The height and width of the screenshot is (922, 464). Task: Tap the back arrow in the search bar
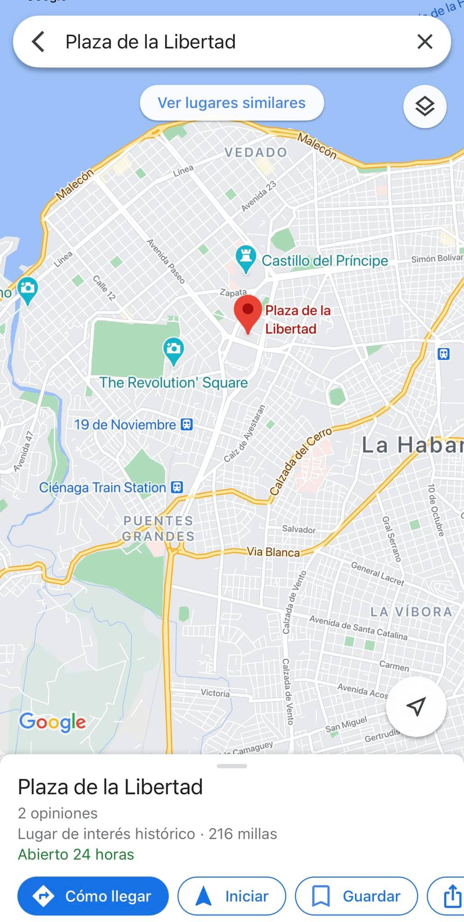38,42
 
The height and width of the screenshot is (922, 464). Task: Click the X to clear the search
425,42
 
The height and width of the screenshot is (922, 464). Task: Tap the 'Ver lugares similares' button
232,103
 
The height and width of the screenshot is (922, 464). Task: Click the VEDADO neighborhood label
256,153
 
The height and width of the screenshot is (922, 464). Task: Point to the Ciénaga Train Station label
103,487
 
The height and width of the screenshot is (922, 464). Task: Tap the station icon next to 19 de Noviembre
186,425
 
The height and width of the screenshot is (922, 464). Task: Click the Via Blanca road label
273,552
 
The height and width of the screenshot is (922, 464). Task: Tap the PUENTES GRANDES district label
158,528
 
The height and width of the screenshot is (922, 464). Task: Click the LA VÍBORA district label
411,612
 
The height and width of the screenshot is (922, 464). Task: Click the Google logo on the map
53,722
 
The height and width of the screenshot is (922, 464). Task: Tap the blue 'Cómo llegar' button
93,896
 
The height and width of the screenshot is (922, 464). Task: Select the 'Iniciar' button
232,896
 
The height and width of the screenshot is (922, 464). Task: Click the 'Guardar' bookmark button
356,896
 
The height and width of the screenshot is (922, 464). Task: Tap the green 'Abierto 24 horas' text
76,854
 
